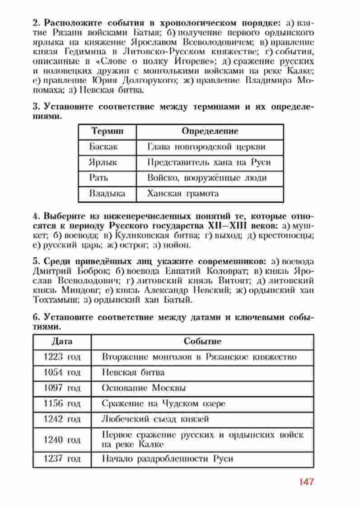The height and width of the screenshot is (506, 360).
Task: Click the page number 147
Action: pos(306,482)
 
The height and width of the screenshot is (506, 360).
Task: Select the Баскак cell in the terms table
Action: pos(104,146)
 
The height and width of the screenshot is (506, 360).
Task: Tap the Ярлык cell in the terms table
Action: pos(104,162)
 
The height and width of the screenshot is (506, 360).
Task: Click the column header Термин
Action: pos(107,131)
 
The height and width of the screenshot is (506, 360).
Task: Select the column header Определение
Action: pos(210,131)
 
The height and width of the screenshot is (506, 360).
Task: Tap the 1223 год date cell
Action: pos(62,357)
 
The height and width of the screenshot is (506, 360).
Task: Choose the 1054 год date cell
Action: pos(62,372)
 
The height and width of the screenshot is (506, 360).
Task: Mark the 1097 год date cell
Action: pos(62,388)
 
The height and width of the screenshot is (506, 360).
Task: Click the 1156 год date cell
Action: pos(62,403)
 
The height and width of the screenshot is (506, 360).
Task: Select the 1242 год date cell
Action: pos(62,419)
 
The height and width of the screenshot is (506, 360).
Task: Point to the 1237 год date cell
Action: pos(62,459)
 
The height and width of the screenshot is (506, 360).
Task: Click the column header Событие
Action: pos(202,341)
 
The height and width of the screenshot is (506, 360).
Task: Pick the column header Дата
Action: pos(62,341)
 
